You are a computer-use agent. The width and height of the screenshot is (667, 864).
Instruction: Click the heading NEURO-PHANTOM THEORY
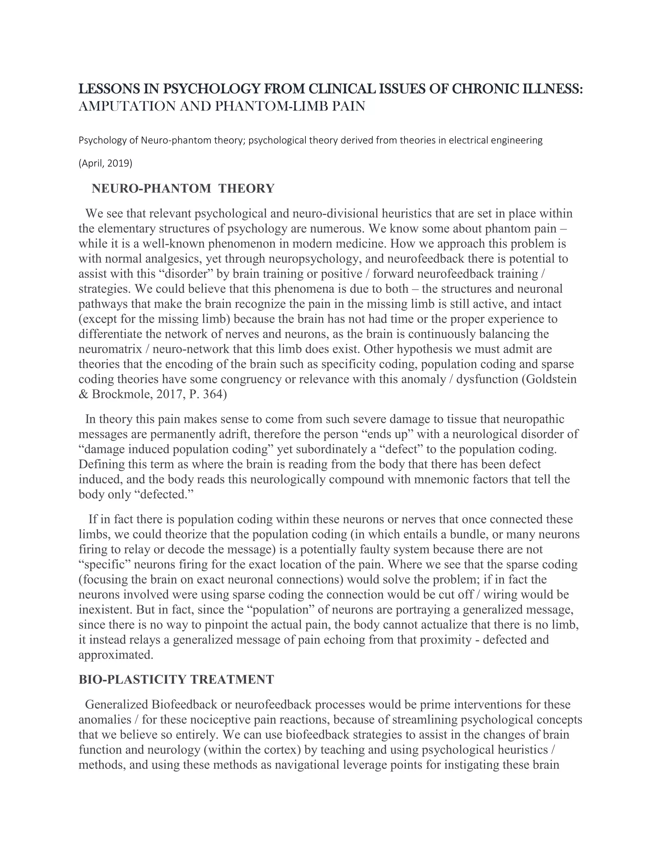pyautogui.click(x=183, y=188)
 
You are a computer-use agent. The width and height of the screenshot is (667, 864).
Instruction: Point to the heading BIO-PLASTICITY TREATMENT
pyautogui.click(x=176, y=680)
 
